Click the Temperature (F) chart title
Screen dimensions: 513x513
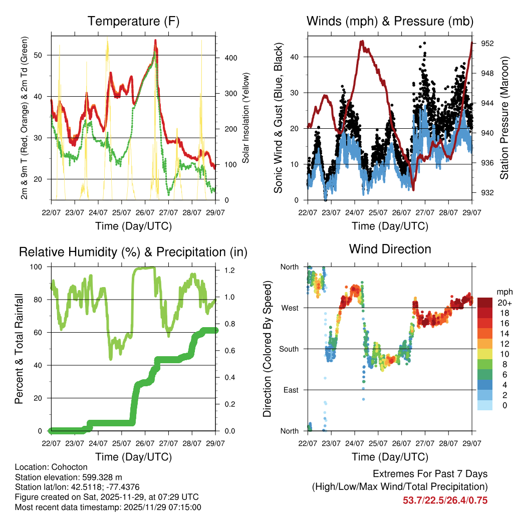click(x=133, y=21)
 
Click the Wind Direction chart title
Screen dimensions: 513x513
click(x=390, y=248)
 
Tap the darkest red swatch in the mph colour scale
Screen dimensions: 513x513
click(x=485, y=303)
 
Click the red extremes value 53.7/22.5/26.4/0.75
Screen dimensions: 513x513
click(x=445, y=500)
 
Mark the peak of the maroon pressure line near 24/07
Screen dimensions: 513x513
click(x=362, y=42)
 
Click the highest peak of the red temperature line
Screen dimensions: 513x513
click(x=155, y=40)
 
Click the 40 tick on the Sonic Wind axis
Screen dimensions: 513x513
click(x=299, y=57)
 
